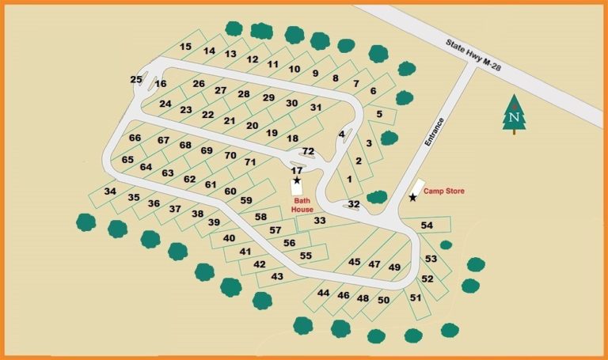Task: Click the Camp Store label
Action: [443, 191]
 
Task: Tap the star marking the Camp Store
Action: [412, 198]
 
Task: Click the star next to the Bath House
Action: [297, 180]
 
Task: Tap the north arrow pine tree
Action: [515, 115]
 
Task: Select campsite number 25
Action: [136, 79]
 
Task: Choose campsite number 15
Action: [186, 47]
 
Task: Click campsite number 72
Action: [309, 151]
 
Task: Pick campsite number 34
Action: [110, 191]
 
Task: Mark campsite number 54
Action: [427, 225]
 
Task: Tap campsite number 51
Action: [415, 297]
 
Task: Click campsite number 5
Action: [380, 114]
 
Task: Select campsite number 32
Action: [354, 204]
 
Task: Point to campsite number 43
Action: [277, 276]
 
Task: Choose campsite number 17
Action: [297, 170]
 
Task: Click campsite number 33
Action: [320, 221]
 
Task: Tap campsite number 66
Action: [135, 138]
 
